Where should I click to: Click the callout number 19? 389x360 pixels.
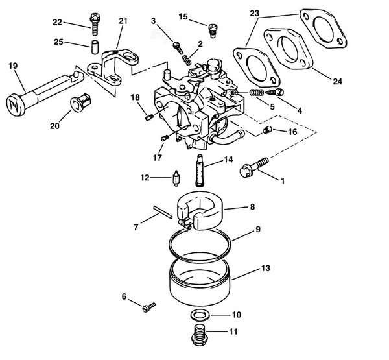[x=12, y=65]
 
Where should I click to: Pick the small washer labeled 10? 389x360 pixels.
[x=199, y=315]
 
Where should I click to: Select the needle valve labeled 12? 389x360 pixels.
[x=176, y=177]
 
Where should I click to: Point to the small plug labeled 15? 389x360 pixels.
[x=211, y=27]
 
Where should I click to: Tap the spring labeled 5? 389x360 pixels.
[x=257, y=95]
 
